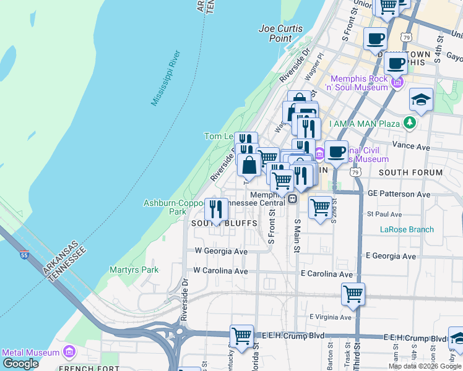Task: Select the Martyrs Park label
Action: (134, 270)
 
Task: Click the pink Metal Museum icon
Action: (69, 352)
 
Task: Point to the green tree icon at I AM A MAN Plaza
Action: (409, 123)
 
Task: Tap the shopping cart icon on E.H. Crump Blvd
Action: (241, 336)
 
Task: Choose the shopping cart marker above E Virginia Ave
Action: (353, 294)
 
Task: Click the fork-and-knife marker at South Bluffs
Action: (215, 209)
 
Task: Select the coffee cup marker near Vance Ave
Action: (336, 151)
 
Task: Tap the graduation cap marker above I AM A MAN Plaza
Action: (421, 100)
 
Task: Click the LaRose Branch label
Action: (407, 229)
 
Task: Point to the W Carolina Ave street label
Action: (220, 271)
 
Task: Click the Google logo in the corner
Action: (20, 364)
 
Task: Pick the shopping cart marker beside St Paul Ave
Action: (320, 208)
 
